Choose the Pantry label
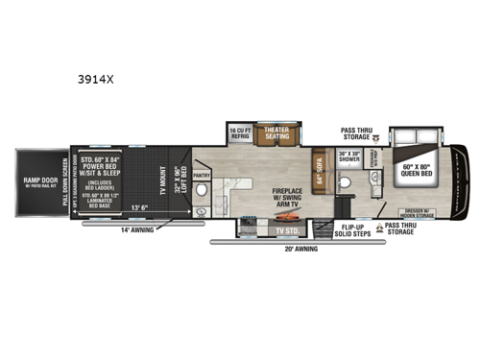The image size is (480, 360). (x=202, y=176)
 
